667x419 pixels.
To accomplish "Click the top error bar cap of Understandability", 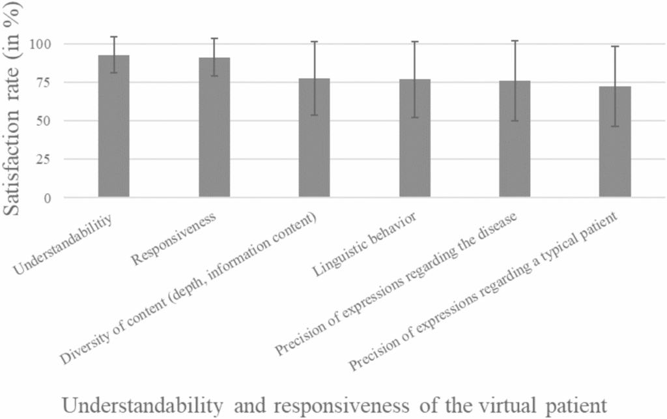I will pyautogui.click(x=113, y=36).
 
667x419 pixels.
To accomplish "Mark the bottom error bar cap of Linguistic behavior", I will pyautogui.click(x=414, y=117).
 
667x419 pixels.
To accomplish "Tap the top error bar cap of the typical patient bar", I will pyautogui.click(x=615, y=46).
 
